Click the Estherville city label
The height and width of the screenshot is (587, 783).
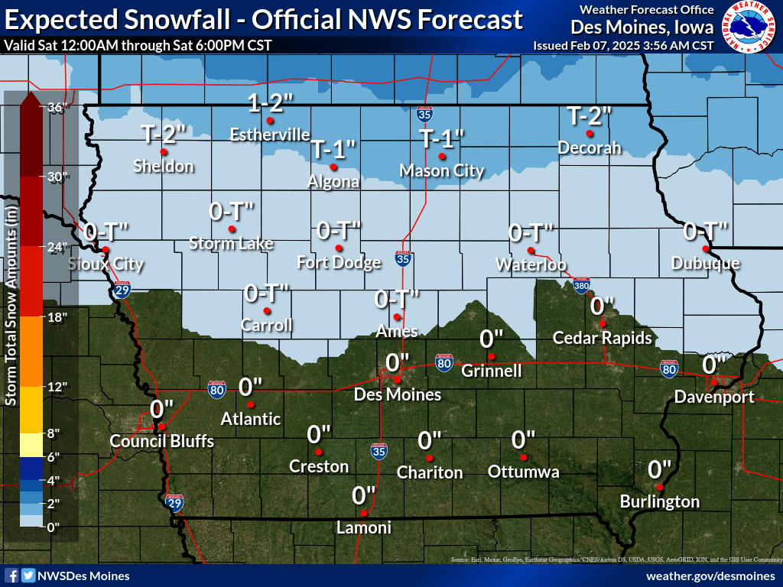coord(270,135)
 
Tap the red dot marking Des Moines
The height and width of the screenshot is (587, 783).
coord(397,378)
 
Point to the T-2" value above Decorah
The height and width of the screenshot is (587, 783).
coord(589,115)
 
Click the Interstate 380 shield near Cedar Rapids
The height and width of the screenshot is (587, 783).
coord(581,284)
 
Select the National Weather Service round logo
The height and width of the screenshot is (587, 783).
coord(749,27)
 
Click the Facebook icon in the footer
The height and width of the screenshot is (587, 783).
coord(11,576)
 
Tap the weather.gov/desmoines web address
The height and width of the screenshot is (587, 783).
coord(710,576)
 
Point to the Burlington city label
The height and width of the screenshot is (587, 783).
coord(659,502)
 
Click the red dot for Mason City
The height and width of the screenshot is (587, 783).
coord(441,157)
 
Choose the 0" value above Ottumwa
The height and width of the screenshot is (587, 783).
coord(523,439)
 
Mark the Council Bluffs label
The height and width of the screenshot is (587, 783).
coord(161,442)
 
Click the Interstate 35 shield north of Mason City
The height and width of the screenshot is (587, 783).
coord(424,115)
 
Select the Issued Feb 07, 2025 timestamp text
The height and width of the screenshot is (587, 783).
coord(623,45)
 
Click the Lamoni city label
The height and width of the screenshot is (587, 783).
coord(364,528)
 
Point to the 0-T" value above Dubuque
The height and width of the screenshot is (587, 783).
coord(705,230)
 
